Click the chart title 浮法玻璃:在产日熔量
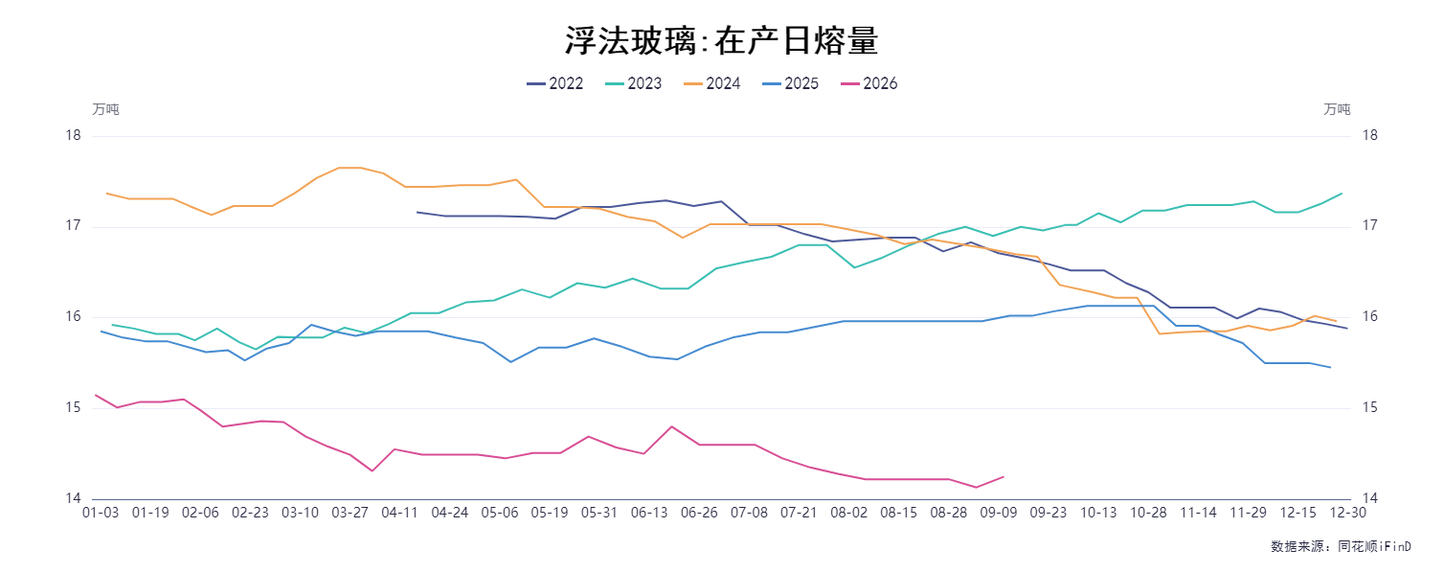point(722,40)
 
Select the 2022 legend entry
point(554,83)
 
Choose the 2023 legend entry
point(633,83)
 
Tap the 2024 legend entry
point(711,83)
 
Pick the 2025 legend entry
point(790,83)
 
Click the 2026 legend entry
point(869,83)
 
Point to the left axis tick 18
point(74,135)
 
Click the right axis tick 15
point(1369,407)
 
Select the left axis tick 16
point(74,316)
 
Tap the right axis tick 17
point(1369,225)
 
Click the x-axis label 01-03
point(101,513)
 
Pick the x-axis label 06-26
point(699,513)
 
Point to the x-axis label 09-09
point(999,513)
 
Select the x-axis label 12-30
point(1347,513)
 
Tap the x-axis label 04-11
point(399,513)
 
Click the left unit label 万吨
point(105,109)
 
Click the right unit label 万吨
point(1337,109)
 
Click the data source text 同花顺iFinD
point(1374,546)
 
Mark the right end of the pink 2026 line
point(1003,477)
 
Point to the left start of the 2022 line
point(417,212)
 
